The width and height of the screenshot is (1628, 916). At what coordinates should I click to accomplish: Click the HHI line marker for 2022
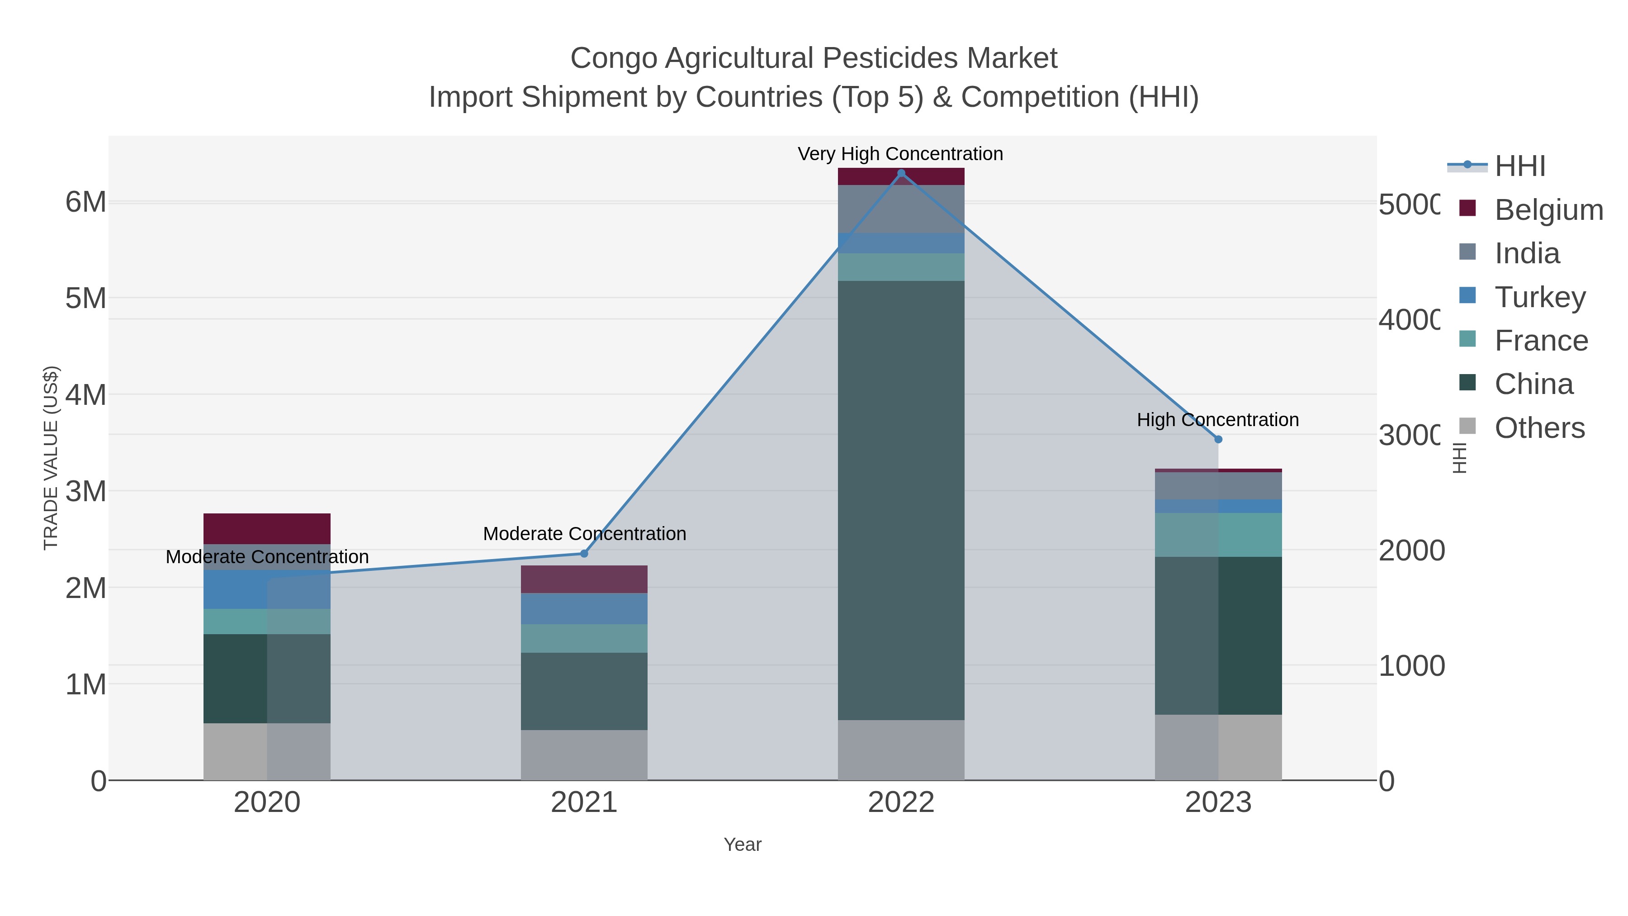coord(901,173)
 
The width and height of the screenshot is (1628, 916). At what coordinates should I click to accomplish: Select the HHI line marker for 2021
coord(584,554)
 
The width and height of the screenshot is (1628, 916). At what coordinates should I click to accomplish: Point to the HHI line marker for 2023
coord(1218,439)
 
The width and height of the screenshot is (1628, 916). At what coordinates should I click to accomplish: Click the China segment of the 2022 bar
coord(901,499)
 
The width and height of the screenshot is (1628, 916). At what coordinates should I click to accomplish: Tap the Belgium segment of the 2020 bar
coord(267,528)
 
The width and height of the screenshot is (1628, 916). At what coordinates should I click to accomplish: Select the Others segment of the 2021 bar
coord(584,755)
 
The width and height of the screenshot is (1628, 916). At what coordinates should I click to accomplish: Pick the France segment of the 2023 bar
coord(1218,535)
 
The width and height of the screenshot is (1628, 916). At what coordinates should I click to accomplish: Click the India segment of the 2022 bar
coord(901,209)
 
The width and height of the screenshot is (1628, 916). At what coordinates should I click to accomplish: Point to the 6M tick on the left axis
coord(86,202)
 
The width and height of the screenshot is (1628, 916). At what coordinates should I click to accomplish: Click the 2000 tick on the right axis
coord(1410,551)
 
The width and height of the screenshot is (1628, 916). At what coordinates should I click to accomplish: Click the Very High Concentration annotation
coord(900,154)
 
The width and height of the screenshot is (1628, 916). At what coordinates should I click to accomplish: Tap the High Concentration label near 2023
coord(1217,420)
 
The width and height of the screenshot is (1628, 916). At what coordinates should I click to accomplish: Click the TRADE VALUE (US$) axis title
coord(51,458)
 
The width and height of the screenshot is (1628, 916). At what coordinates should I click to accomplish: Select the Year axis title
coord(742,845)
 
